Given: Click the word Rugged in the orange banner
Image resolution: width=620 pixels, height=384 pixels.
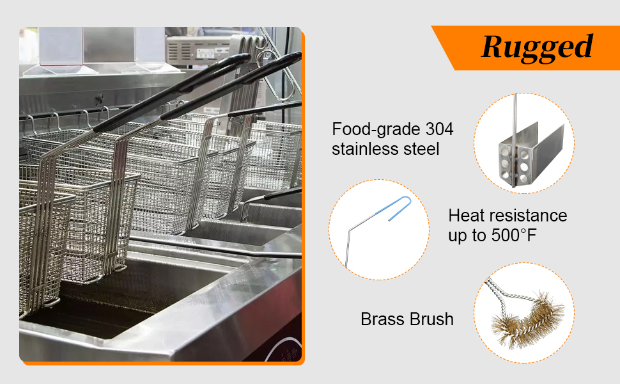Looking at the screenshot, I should click(537, 47).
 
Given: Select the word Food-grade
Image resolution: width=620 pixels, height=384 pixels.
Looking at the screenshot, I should click(373, 129).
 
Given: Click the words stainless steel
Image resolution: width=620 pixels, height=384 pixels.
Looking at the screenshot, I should click(385, 149).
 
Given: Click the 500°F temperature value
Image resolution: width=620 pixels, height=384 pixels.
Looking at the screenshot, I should click(511, 236).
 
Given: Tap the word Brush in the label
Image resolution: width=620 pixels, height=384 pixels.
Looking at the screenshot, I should click(433, 319).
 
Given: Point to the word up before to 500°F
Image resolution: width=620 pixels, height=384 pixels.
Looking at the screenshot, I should click(458, 236).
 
